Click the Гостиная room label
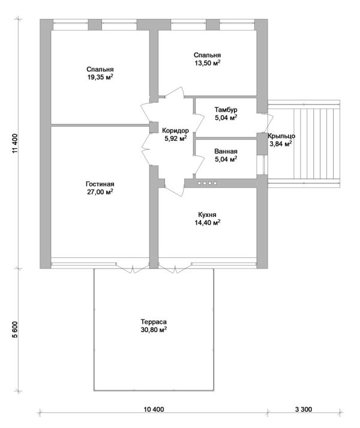(100, 184)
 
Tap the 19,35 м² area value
(100, 77)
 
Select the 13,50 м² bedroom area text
(208, 63)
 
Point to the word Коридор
(175, 131)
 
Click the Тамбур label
(226, 110)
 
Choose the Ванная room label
(226, 152)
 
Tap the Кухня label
(208, 215)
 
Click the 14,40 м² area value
(208, 222)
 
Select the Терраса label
(154, 322)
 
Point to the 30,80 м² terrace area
(154, 330)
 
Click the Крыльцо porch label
(281, 136)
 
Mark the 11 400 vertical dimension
(15, 144)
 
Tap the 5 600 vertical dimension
(15, 330)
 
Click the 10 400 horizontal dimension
(154, 409)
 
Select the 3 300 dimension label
(304, 409)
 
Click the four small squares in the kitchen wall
(207, 183)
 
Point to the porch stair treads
(317, 144)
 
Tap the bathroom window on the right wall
(262, 165)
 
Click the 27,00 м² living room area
(100, 192)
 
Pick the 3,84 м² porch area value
(281, 144)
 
